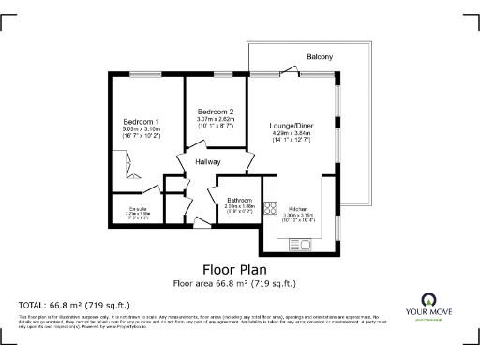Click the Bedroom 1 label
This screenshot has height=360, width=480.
point(141,121)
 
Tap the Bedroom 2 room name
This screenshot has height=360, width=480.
point(215,112)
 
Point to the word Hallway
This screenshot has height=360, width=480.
point(208,162)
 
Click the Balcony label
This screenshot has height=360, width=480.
point(320,57)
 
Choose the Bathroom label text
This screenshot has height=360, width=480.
point(238,200)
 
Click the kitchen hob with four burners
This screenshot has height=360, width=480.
point(270,210)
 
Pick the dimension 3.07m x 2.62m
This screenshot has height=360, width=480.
point(215,119)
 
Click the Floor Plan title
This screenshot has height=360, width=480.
point(236,268)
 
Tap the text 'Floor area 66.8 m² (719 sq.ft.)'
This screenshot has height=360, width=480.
point(236,282)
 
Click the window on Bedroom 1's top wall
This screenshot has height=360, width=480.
point(143,74)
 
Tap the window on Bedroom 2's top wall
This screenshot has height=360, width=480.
point(222,74)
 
